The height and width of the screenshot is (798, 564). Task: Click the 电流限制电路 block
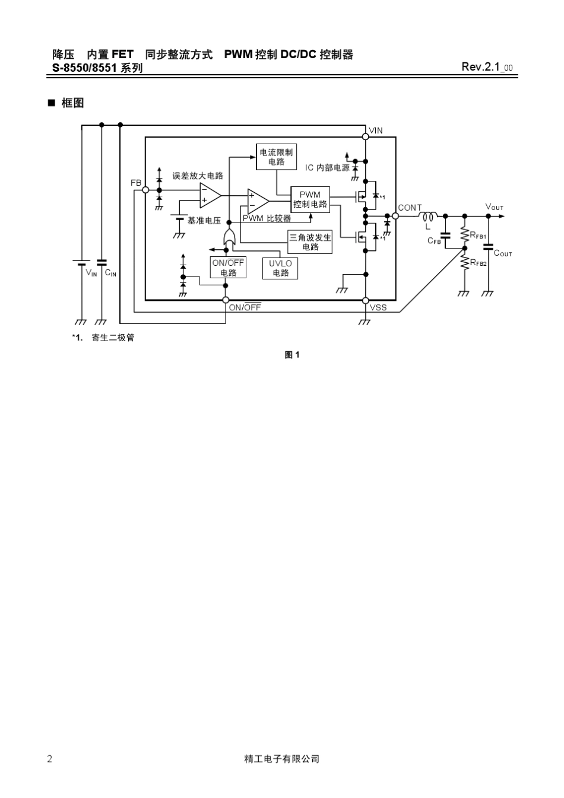276,157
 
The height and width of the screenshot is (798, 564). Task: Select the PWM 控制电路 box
310,199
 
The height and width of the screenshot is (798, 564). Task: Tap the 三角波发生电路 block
310,242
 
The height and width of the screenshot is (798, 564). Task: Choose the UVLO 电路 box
280,268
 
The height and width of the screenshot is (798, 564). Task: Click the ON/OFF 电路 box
228,268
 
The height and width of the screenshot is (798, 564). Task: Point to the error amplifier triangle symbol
210,195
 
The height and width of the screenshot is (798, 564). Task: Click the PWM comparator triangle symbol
258,201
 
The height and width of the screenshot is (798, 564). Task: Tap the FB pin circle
145,190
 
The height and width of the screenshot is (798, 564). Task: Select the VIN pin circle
366,137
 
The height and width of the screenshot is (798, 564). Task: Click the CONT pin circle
395,216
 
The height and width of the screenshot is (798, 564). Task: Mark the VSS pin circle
366,301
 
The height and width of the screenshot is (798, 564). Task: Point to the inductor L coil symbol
428,216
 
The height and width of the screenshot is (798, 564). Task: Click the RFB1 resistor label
478,235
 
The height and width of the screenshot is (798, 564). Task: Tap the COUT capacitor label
503,253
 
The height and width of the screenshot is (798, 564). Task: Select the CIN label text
110,274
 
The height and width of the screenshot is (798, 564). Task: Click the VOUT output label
494,207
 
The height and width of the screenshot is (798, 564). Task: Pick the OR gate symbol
229,237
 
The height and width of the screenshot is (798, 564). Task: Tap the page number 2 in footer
49,759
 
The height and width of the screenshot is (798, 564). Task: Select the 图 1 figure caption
292,355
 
